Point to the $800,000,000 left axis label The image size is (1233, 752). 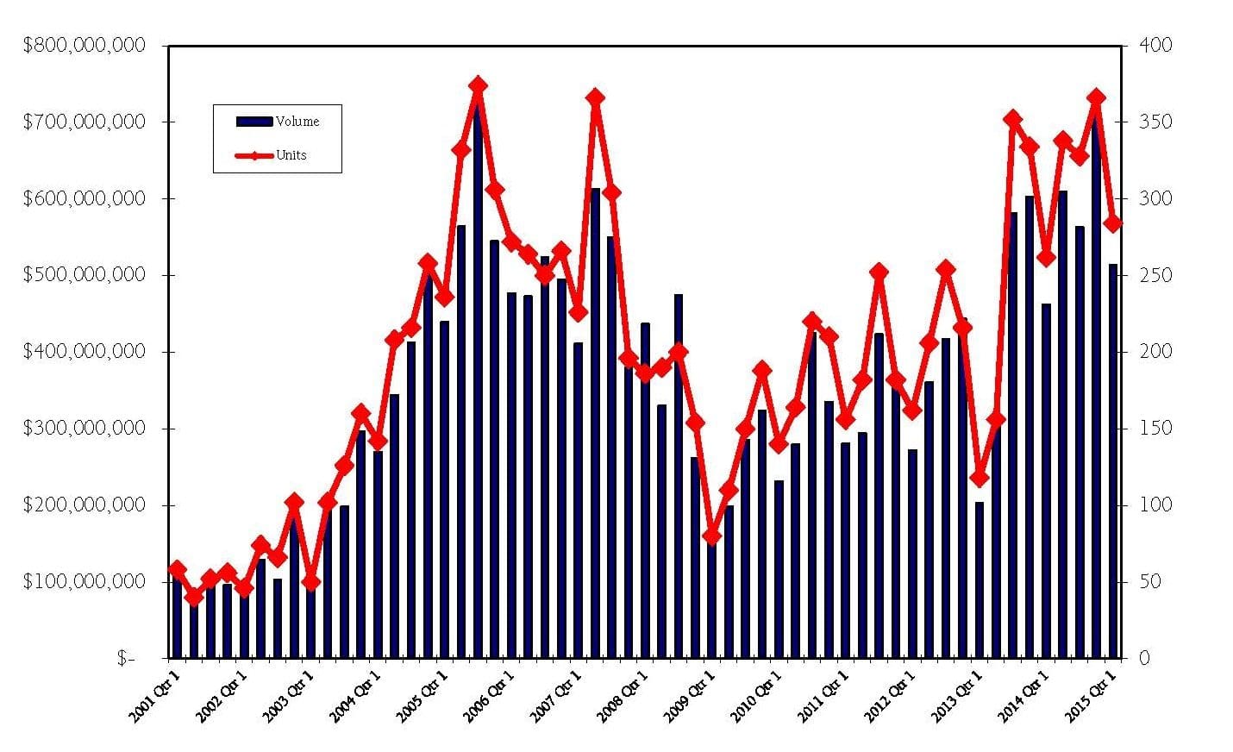click(84, 46)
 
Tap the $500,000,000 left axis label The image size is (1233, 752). click(84, 275)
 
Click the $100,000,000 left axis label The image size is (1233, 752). click(84, 582)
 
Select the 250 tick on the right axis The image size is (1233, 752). click(1156, 275)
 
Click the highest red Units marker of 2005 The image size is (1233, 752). click(479, 85)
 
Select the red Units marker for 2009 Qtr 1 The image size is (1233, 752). click(712, 536)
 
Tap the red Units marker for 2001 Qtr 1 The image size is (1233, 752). click(178, 569)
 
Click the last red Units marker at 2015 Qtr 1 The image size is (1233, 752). click(1113, 223)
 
